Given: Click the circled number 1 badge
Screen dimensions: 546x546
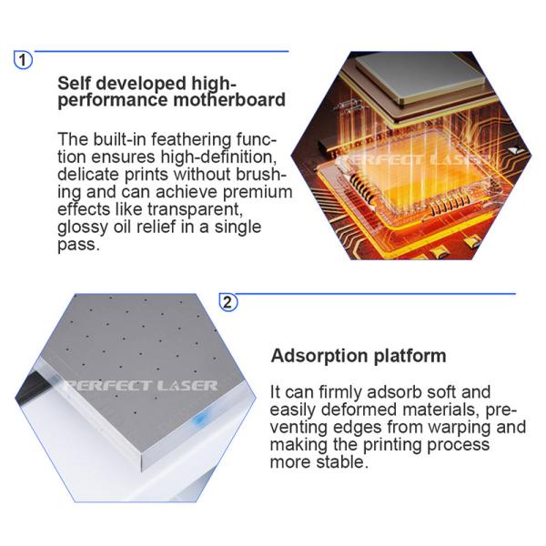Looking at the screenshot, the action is coord(23,60).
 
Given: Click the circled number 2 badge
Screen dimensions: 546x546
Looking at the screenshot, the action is coord(228,302).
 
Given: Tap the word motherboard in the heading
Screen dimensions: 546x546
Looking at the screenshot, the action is coord(229,99).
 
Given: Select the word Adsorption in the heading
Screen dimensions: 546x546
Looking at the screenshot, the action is coord(319,356).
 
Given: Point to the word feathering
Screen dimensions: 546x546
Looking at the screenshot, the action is coord(191,140).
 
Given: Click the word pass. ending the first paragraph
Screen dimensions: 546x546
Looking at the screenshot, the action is coord(78,245).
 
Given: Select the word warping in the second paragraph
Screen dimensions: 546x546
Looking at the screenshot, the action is coord(461,428).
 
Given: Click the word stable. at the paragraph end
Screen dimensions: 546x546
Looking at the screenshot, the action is coord(342,462).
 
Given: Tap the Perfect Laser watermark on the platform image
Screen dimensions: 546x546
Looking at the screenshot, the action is coord(141,386).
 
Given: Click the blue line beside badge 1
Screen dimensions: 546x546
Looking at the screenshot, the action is coord(162,52).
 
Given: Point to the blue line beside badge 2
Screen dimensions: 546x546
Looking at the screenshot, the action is coord(376,294).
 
